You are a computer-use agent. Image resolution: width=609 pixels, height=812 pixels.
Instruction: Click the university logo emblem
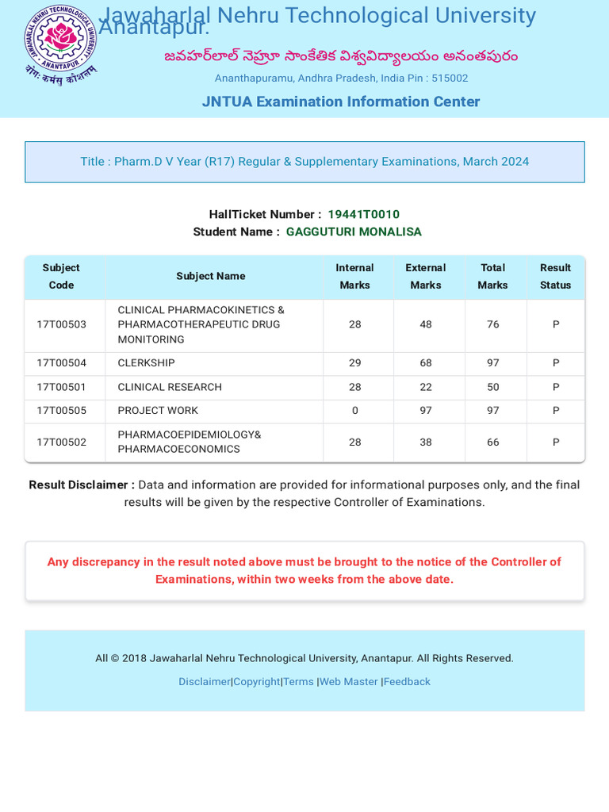click(60, 44)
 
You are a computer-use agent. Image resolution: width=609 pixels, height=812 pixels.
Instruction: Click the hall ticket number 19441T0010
click(363, 214)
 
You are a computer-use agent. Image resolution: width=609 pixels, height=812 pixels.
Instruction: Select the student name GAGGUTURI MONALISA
click(354, 232)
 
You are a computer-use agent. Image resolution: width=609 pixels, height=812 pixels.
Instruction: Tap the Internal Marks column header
click(354, 276)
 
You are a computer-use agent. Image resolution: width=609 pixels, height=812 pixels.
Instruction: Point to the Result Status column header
click(555, 276)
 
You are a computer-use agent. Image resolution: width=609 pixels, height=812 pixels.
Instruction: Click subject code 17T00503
click(61, 324)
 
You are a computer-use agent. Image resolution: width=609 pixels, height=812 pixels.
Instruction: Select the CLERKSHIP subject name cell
click(147, 363)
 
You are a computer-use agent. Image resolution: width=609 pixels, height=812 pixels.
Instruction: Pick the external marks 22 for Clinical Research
click(426, 387)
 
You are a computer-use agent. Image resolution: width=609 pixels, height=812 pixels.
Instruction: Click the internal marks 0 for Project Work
click(354, 411)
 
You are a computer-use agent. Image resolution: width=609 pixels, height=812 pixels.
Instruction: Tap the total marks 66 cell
click(492, 442)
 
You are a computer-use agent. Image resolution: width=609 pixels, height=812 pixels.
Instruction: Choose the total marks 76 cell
click(492, 324)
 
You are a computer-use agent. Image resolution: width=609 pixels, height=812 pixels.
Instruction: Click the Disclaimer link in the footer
click(204, 682)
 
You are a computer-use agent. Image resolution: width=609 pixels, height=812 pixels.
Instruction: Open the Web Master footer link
click(349, 682)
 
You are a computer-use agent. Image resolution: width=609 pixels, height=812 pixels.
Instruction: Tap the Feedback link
click(407, 682)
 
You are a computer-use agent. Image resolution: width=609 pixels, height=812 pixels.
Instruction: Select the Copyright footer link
click(256, 682)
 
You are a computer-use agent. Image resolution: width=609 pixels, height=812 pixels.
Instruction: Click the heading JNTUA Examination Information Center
click(341, 101)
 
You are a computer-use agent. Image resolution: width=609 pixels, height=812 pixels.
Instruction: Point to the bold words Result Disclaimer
click(82, 485)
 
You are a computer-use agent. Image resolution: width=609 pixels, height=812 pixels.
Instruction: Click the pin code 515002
click(450, 79)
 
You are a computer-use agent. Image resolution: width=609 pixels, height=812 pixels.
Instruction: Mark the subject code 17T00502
click(61, 442)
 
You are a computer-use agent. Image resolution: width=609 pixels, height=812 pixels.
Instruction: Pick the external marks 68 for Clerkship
click(426, 363)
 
